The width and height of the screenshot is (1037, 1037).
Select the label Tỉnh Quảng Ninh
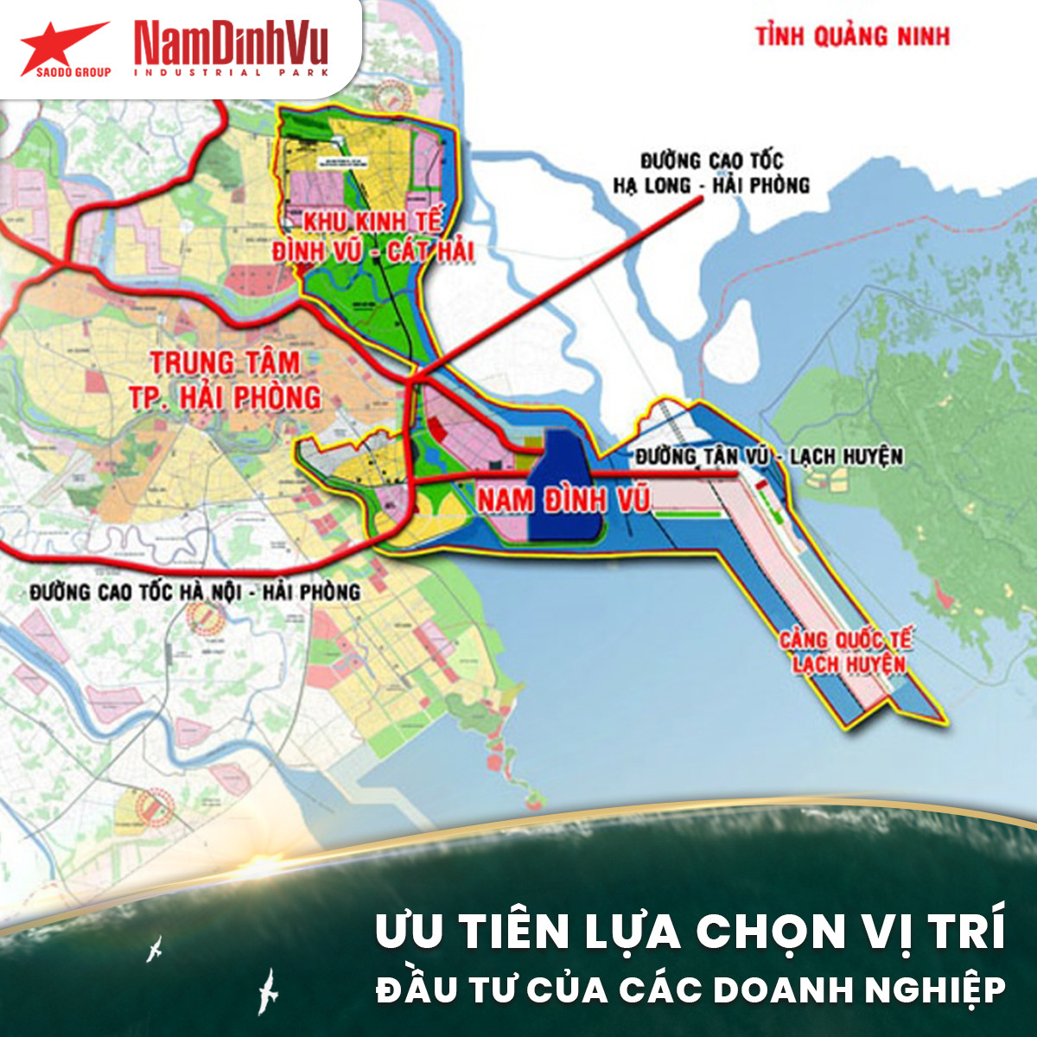pos(852,36)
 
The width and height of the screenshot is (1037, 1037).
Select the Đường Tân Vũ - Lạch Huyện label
pos(768,456)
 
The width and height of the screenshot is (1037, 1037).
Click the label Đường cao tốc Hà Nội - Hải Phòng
pos(194,592)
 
